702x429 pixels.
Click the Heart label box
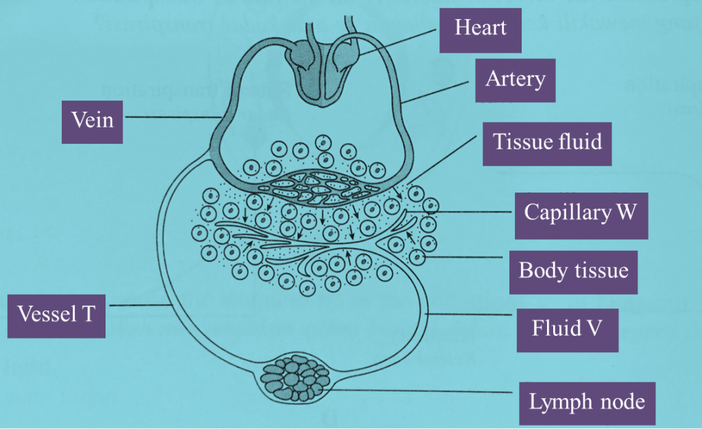click(x=481, y=27)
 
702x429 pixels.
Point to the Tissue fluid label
click(x=547, y=142)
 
